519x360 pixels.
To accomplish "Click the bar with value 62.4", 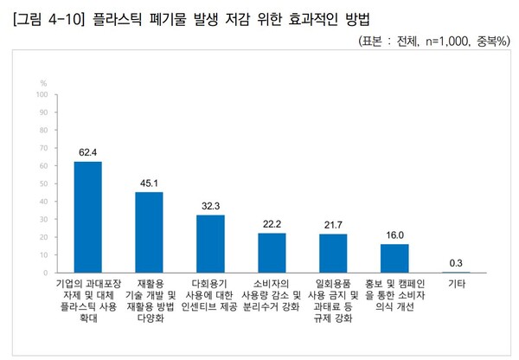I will click(x=87, y=217).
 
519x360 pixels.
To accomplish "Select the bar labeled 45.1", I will click(x=149, y=232).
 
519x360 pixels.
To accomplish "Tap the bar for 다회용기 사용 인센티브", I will click(x=210, y=244).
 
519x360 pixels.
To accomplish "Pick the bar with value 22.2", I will click(x=272, y=253).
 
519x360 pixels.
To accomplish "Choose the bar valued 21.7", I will click(x=333, y=254).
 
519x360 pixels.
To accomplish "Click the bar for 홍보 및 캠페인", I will click(x=394, y=259).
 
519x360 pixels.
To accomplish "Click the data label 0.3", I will click(x=456, y=262).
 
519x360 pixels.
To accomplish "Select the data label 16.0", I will click(x=394, y=235).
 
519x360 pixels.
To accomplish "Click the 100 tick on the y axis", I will click(x=41, y=95).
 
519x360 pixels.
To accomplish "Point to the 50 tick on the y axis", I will click(x=42, y=183).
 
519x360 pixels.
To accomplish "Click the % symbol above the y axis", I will click(x=42, y=82).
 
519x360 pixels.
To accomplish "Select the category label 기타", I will click(x=456, y=284).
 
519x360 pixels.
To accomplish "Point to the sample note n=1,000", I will click(x=439, y=41).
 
